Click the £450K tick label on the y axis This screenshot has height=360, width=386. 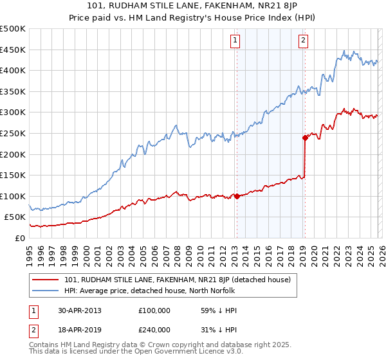coord(13,50)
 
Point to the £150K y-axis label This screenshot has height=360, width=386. coord(13,175)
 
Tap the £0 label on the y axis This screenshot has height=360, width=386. coord(20,238)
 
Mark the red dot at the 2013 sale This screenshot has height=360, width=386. coord(237,196)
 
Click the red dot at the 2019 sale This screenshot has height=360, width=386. coord(304,137)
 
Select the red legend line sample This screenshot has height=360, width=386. coord(46,280)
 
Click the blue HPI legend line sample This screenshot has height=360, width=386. coord(46,291)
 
